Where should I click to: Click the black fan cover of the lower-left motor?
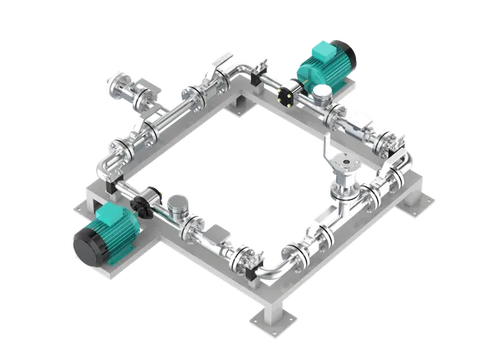(x=86, y=242)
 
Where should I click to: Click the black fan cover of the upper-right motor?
(x=346, y=51)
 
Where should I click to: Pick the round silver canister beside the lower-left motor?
(x=179, y=207)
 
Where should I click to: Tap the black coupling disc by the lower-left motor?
(x=145, y=204)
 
